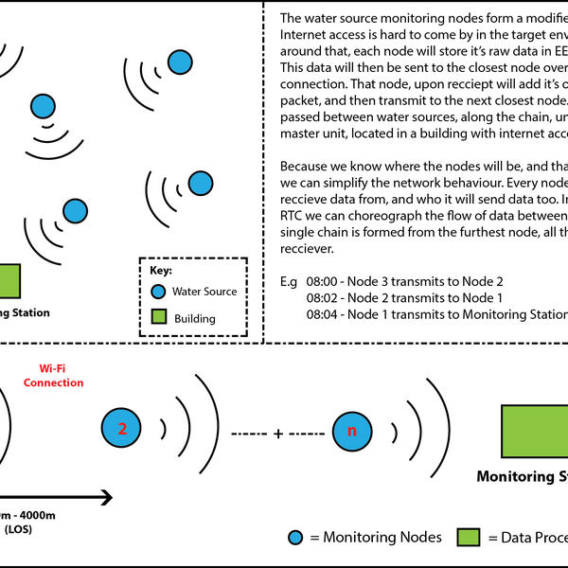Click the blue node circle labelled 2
pyautogui.click(x=121, y=429)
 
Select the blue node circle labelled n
pyautogui.click(x=352, y=432)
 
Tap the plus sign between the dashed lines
pyautogui.click(x=278, y=434)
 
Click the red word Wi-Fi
pyautogui.click(x=53, y=367)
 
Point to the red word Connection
pyautogui.click(x=53, y=382)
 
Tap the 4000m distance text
pyautogui.click(x=33, y=514)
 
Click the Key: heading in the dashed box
pyautogui.click(x=161, y=271)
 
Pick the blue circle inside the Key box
pyautogui.click(x=159, y=292)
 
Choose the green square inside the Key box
pyautogui.click(x=159, y=318)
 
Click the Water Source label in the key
pyautogui.click(x=205, y=292)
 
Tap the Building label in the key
pyautogui.click(x=194, y=319)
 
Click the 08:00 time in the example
pyautogui.click(x=321, y=282)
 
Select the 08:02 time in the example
pyautogui.click(x=321, y=298)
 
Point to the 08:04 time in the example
pyautogui.click(x=321, y=314)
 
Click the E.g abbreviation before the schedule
pyautogui.click(x=290, y=282)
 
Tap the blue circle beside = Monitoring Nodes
pyautogui.click(x=296, y=538)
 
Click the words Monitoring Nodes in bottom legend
pyautogui.click(x=382, y=538)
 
